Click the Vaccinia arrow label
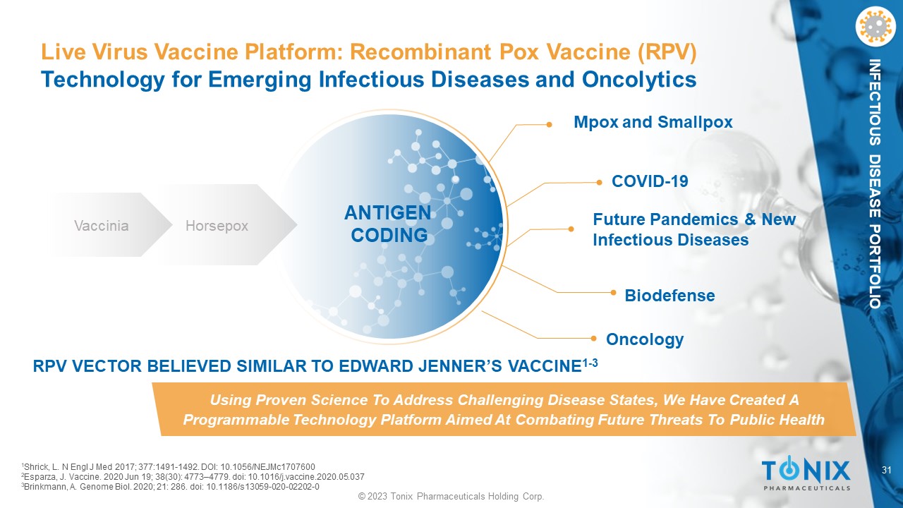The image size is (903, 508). click(102, 225)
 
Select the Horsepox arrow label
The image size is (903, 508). click(217, 226)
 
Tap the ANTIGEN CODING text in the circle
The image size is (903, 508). click(388, 224)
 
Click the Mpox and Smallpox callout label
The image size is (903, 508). click(653, 122)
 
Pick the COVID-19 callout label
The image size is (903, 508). click(650, 181)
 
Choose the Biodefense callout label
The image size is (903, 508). click(669, 296)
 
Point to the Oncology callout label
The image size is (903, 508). click(645, 339)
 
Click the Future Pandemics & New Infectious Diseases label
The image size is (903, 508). click(694, 229)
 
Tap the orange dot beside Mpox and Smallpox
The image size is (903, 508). click(549, 125)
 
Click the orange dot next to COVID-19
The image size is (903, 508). click(599, 183)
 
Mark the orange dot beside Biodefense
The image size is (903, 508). click(613, 292)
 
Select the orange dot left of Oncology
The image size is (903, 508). click(593, 338)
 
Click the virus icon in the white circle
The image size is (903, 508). click(875, 26)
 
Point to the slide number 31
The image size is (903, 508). click(887, 470)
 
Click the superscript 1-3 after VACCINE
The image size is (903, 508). click(590, 363)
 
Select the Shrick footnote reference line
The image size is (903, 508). click(168, 467)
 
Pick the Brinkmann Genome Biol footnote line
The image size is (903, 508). click(170, 487)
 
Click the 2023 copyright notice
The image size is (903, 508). click(451, 496)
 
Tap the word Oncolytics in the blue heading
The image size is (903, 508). click(639, 79)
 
